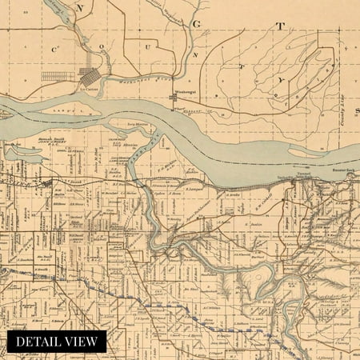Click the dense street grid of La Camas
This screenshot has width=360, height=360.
point(89,78)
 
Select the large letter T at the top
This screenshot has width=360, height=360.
point(279,26)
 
